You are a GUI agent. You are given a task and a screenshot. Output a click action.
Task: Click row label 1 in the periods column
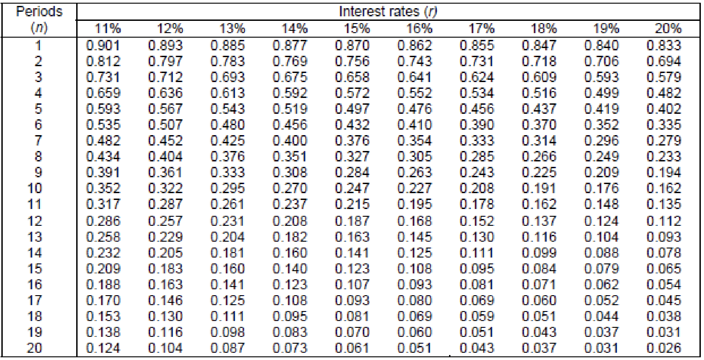click(x=39, y=45)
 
